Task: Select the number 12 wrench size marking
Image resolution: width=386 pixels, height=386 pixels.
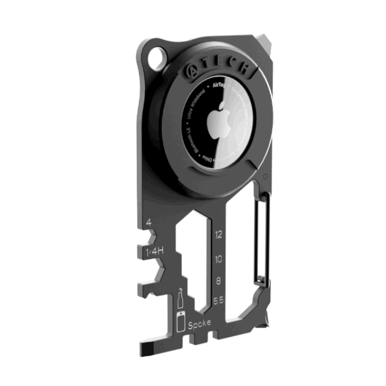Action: click(219, 235)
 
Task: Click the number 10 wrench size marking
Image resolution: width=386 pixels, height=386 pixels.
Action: click(219, 259)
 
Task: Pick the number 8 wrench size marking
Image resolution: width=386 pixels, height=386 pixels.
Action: click(219, 281)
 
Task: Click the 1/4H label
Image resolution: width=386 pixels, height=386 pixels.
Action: click(154, 252)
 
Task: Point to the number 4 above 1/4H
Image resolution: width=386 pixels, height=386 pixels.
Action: click(149, 223)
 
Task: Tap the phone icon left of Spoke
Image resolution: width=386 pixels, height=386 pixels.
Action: click(181, 322)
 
